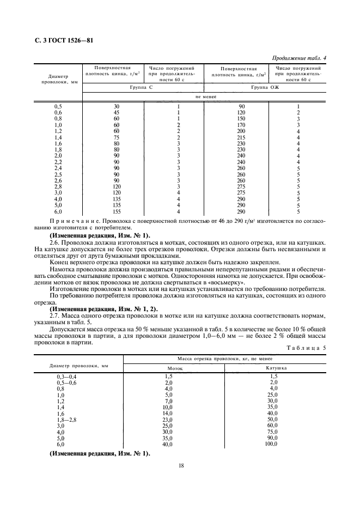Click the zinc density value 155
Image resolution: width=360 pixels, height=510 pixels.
coord(116,211)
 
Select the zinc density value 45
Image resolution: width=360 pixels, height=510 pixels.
coord(116,113)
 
